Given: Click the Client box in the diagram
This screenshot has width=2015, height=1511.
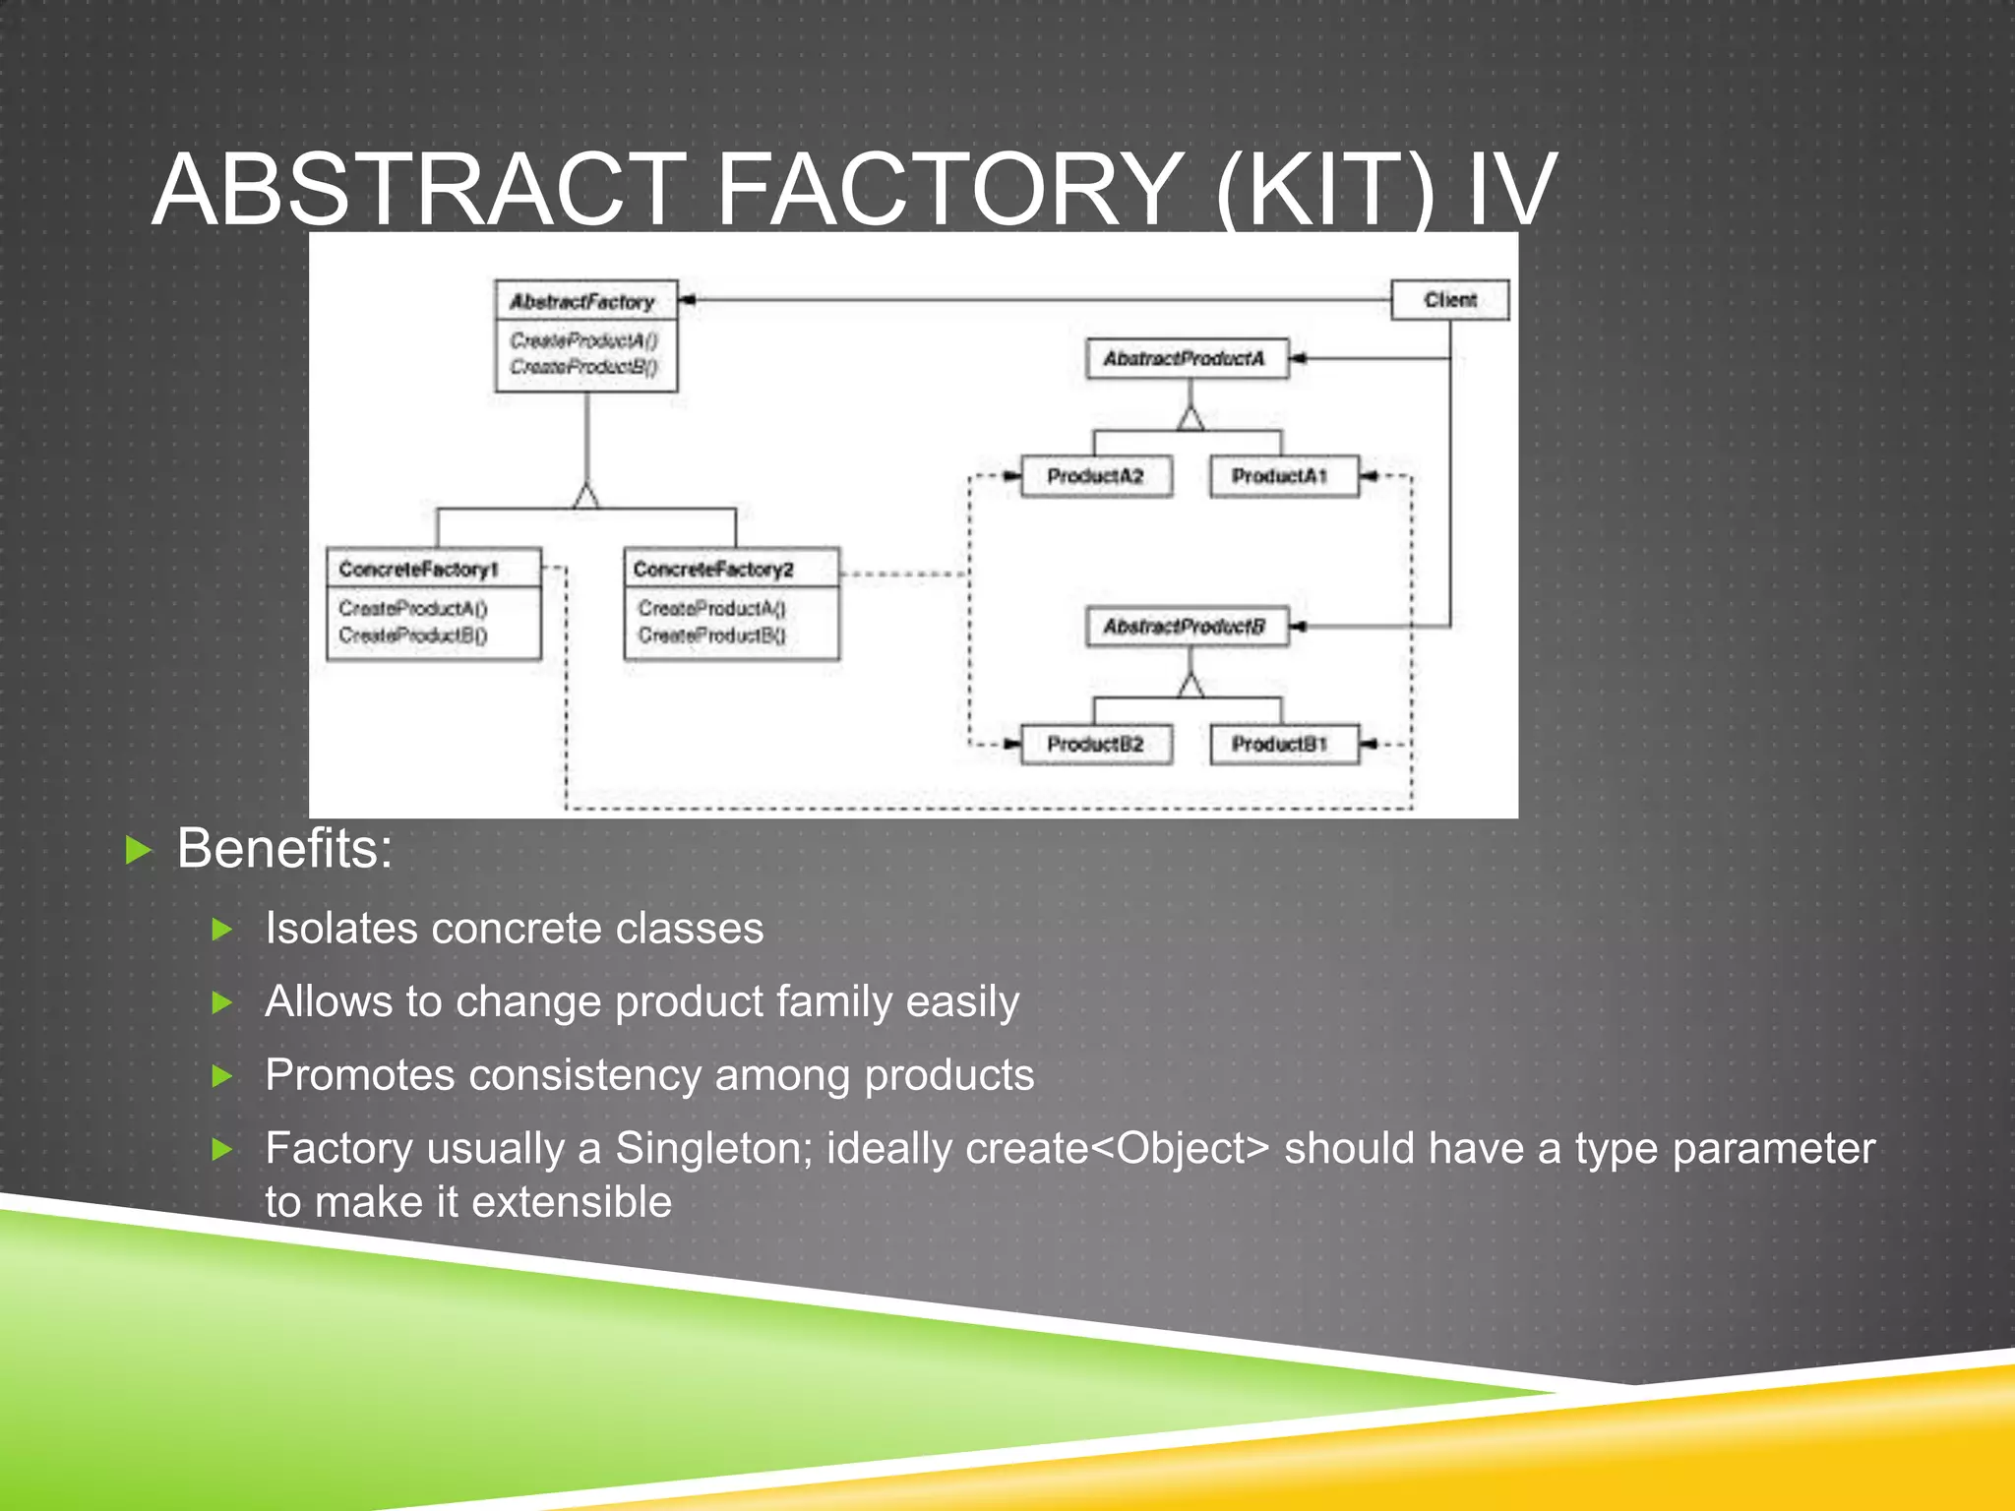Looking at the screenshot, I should click(x=1449, y=300).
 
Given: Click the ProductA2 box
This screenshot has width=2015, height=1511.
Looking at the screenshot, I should click(x=1096, y=476).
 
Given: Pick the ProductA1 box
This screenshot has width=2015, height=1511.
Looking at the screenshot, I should click(x=1283, y=476).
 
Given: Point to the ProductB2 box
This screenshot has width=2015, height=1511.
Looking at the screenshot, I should click(x=1096, y=745).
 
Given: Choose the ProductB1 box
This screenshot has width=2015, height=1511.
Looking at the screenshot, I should click(x=1283, y=745).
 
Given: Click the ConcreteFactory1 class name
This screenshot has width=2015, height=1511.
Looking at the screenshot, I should click(x=420, y=569).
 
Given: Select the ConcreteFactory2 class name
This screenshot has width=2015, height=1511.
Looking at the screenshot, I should click(x=714, y=569).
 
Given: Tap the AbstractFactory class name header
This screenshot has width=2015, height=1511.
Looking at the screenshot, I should click(x=583, y=302).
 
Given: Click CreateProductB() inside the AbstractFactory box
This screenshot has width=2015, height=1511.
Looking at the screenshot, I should click(x=583, y=367).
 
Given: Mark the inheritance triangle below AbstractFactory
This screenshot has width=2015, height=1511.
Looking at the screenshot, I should click(x=586, y=496).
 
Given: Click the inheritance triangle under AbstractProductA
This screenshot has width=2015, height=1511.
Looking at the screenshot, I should click(x=1191, y=419).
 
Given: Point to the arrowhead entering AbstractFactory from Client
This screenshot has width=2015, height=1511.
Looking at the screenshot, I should click(x=688, y=300).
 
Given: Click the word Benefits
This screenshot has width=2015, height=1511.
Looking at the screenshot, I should click(x=284, y=848).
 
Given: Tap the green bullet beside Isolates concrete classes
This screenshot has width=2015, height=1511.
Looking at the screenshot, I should click(x=222, y=929).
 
